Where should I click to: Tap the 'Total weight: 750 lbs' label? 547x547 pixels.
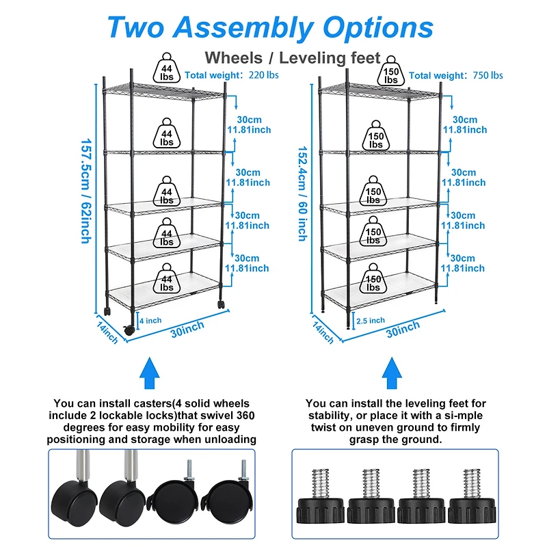455,75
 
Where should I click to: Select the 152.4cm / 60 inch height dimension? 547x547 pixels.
302,192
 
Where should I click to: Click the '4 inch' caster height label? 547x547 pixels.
150,320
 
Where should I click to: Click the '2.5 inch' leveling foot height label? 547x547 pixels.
371,320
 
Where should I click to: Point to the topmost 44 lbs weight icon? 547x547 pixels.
167,69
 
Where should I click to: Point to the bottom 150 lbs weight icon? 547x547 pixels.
373,280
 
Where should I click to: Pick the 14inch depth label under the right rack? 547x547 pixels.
323,334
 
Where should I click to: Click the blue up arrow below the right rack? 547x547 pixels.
392,375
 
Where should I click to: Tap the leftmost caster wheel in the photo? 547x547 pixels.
70,499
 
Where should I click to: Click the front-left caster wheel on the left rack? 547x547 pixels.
129,330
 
